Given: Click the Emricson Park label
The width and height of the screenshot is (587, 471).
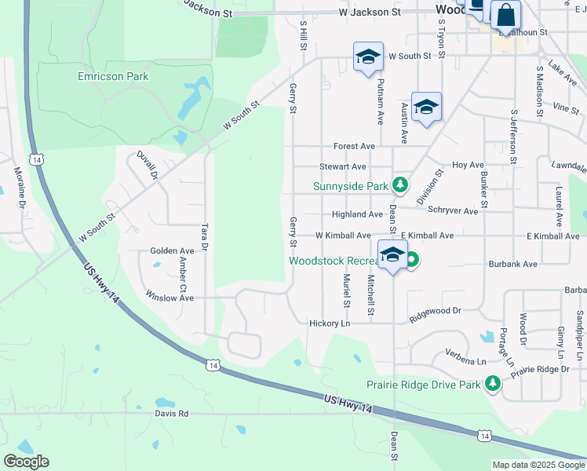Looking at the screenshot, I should click(113, 76).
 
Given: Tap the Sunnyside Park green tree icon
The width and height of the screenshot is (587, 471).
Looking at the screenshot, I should click(401, 185).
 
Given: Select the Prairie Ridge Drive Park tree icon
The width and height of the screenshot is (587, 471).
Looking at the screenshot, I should click(492, 384).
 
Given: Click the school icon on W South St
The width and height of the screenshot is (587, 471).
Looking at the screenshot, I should click(367, 57).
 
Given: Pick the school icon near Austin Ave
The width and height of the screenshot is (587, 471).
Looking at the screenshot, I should click(426, 108).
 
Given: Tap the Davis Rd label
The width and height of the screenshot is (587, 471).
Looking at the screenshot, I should click(172, 413).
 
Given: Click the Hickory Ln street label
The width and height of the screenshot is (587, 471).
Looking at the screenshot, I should click(330, 323).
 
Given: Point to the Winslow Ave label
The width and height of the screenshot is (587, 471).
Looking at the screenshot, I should click(170, 298).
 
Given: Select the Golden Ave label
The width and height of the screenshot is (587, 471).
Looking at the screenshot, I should click(172, 250).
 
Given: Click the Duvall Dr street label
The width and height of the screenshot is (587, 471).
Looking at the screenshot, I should click(147, 166).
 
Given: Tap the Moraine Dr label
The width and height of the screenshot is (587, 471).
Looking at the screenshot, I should click(18, 187).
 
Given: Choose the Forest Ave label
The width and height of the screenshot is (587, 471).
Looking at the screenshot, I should click(354, 146).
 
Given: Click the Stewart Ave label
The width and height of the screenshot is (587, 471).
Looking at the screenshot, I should click(342, 166).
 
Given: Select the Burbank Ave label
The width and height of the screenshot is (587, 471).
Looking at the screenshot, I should click(513, 264).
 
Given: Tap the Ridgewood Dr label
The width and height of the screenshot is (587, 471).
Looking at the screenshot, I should click(435, 311).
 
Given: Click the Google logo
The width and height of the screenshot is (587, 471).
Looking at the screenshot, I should click(26, 461).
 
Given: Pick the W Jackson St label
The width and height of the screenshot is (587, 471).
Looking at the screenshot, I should click(370, 13).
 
